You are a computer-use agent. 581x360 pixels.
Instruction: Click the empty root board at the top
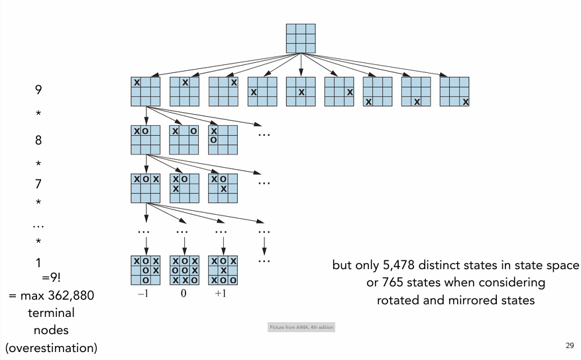point(300,38)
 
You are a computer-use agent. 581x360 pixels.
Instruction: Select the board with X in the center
point(300,91)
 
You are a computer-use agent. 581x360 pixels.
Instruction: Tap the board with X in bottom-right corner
point(454,91)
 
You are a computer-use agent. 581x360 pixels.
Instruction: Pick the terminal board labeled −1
point(146,270)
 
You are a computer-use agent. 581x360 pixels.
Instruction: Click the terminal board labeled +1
point(223,270)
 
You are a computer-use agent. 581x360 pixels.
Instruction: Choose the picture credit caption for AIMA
point(301,328)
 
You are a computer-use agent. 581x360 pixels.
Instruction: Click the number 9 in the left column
point(38,89)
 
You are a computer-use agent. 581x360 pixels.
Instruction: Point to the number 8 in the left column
point(38,141)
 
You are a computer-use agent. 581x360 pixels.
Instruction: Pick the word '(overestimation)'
point(51,347)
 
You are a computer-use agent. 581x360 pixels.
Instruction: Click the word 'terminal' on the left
point(51,312)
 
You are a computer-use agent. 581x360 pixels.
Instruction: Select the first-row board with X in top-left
point(146,91)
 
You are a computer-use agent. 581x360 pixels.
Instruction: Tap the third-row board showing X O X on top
point(146,188)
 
